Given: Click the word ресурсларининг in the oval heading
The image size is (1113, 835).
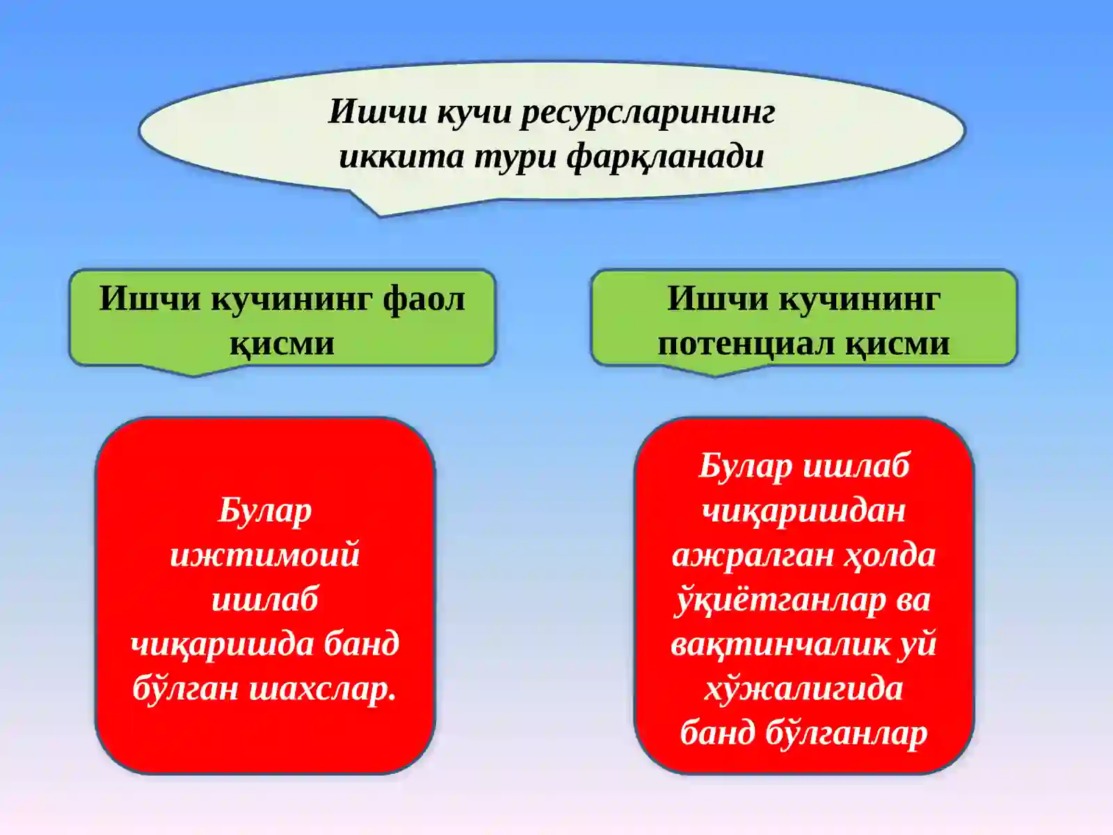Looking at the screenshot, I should click(x=648, y=113).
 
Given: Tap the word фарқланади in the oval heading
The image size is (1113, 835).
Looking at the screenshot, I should click(x=665, y=157).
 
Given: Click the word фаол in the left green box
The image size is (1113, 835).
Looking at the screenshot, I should click(x=423, y=299).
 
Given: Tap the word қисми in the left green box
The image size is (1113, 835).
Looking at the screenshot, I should click(x=282, y=344).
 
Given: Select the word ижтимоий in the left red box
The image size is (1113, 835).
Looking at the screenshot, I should click(x=264, y=555).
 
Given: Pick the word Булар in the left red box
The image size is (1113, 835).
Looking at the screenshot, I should click(x=264, y=511).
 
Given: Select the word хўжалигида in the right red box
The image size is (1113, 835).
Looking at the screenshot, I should click(x=803, y=689).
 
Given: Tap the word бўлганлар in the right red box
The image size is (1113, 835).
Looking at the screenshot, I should click(x=847, y=733).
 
